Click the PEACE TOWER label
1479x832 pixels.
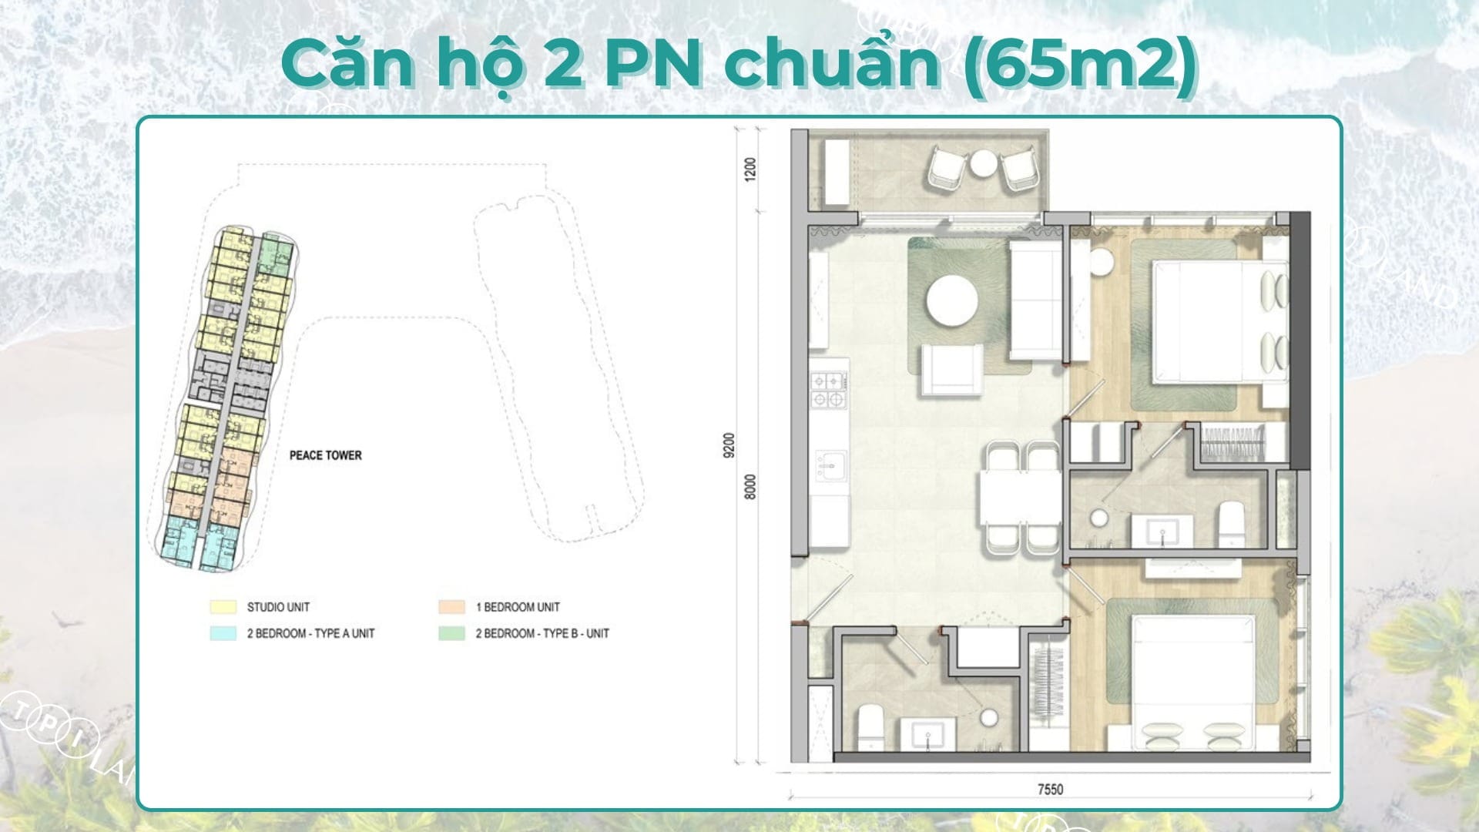click(325, 455)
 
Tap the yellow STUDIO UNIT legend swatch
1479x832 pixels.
click(223, 607)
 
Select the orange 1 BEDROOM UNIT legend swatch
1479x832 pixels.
click(451, 607)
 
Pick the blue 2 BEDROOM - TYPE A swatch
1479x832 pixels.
click(223, 633)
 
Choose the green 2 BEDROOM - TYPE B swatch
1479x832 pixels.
click(451, 633)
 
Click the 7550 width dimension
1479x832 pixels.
click(1050, 789)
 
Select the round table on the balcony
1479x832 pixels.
click(984, 163)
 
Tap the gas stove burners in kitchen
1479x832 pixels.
click(829, 390)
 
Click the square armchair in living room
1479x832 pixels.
click(952, 370)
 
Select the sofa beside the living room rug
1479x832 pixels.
click(1035, 301)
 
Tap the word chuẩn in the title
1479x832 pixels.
click(832, 64)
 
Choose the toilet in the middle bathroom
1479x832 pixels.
click(1230, 525)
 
